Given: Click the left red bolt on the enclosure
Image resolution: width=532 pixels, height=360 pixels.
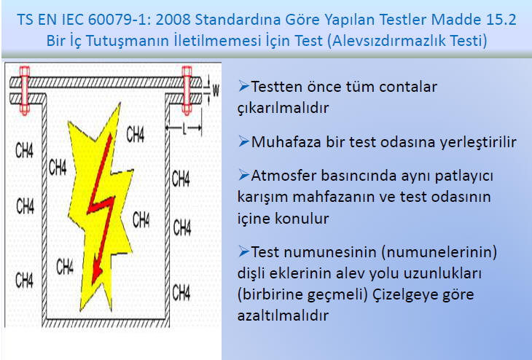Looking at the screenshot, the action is (25, 90).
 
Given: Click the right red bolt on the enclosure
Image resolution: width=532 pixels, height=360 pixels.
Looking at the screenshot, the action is (187, 90).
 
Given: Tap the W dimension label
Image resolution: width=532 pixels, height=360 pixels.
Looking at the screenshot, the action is (216, 90).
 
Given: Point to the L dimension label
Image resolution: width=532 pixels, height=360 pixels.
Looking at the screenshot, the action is (184, 128).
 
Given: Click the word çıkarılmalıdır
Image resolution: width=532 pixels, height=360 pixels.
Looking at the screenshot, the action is (283, 109).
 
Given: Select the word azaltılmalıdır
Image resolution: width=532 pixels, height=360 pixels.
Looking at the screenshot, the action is (283, 316).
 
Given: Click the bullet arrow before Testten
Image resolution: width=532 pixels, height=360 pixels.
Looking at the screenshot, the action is (243, 86).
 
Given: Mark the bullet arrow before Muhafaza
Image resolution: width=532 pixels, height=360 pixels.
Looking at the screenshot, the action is (243, 141).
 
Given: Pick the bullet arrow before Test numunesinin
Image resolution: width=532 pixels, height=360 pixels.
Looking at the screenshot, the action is (243, 251).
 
